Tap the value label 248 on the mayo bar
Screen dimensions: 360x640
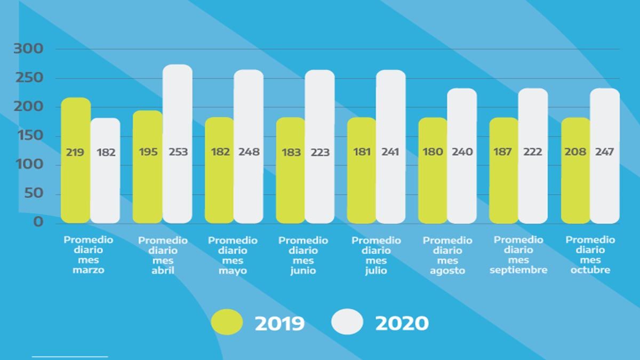click(249, 152)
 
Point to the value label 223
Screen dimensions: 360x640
click(320, 152)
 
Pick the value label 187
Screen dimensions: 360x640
click(504, 152)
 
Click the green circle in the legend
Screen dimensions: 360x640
click(227, 322)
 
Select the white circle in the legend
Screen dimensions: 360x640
click(347, 322)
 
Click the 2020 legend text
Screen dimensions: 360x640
click(402, 323)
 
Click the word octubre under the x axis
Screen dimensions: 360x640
click(590, 270)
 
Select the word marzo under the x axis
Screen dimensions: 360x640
click(89, 270)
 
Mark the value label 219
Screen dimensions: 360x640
click(76, 152)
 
